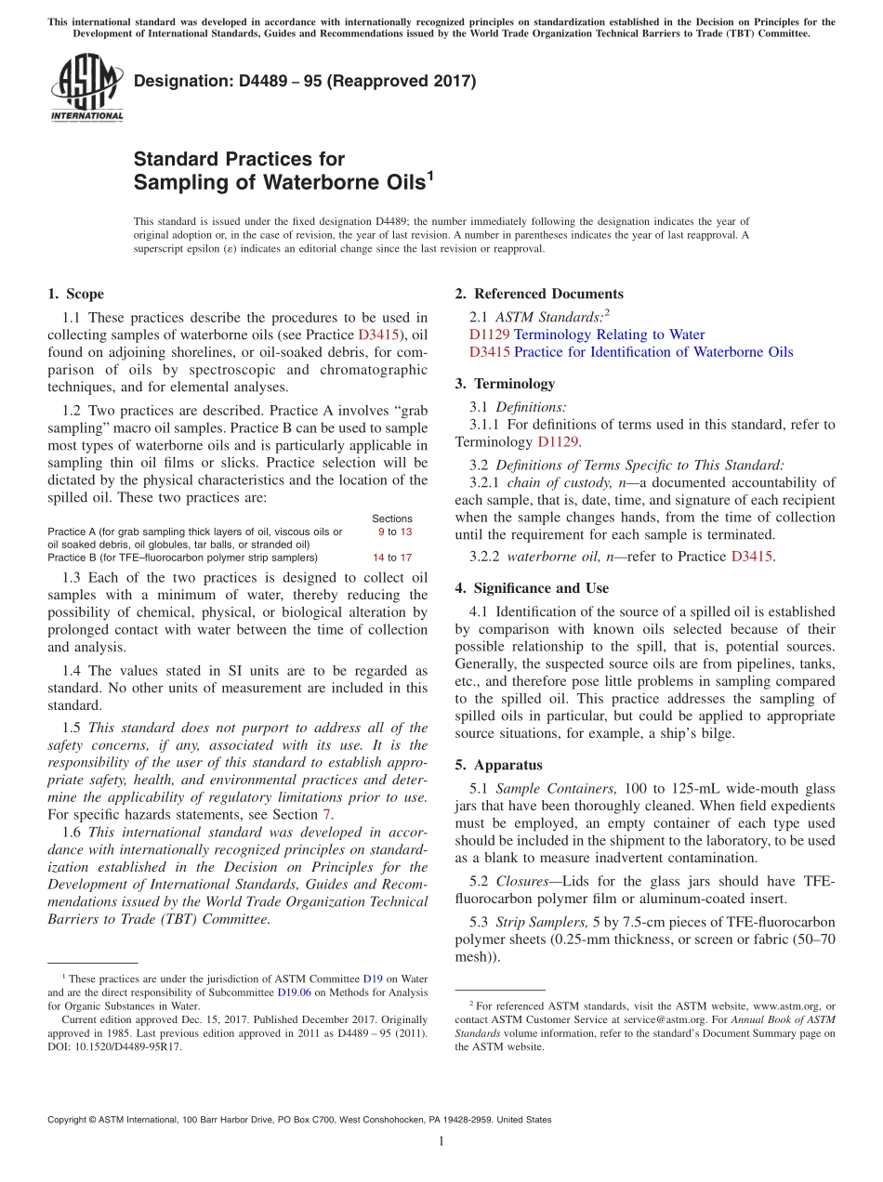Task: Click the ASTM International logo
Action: (x=86, y=87)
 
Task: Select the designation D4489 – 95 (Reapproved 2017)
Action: (x=305, y=81)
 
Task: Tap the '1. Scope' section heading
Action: (x=75, y=295)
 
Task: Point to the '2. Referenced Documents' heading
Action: (x=538, y=295)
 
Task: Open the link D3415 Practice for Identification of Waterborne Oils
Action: (x=631, y=352)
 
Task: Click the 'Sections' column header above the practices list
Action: (x=392, y=519)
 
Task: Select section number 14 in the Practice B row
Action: (x=378, y=558)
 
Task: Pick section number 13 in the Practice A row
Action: (x=405, y=532)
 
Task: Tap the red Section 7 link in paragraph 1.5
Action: (x=326, y=815)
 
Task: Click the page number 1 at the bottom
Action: (x=441, y=1141)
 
